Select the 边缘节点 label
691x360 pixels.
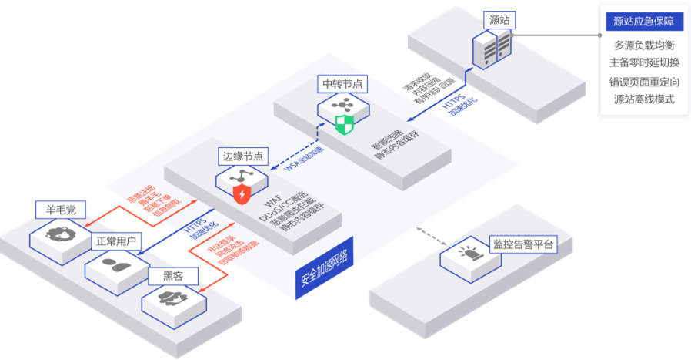(x=243, y=156)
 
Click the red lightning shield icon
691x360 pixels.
(x=241, y=193)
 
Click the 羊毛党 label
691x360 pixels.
(x=61, y=209)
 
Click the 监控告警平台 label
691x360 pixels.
(x=523, y=245)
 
